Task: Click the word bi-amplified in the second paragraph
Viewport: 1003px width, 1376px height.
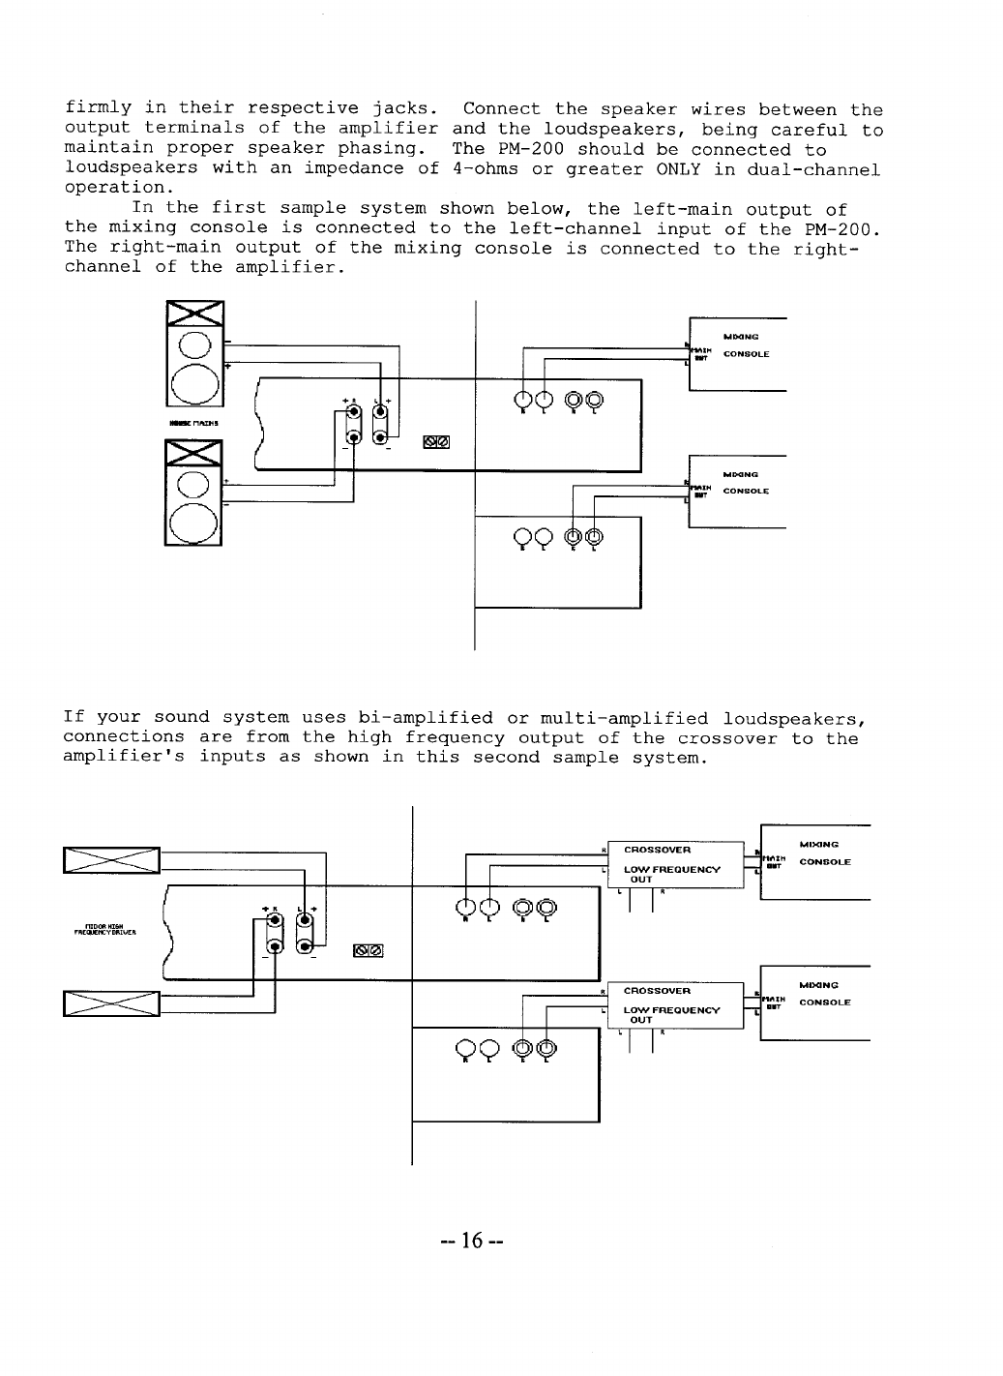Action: [x=426, y=718]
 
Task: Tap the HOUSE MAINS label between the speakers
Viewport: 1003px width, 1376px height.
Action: [x=193, y=423]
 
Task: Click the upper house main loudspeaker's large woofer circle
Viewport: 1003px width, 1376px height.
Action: [x=194, y=384]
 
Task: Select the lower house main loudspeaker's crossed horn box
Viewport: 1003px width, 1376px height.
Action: [x=193, y=454]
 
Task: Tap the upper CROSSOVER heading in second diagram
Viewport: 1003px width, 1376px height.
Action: [x=657, y=850]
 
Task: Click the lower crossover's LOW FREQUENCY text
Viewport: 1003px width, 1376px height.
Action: [x=671, y=1010]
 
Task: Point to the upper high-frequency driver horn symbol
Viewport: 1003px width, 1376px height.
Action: [x=111, y=858]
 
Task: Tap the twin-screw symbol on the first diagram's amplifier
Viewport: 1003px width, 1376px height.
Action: [x=436, y=443]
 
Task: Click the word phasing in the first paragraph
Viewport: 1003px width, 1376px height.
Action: [x=382, y=149]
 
